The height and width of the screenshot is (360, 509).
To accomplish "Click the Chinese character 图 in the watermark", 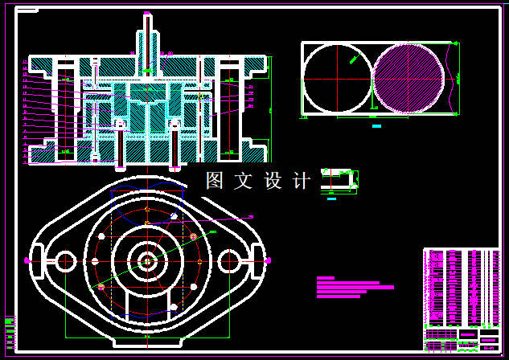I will (214, 181).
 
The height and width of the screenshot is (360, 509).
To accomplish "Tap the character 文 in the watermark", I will (242, 181).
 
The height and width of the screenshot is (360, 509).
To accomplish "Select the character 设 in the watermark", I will (273, 181).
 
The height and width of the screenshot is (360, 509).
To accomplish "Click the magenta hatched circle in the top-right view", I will (408, 78).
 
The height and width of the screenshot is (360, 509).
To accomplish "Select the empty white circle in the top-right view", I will (337, 78).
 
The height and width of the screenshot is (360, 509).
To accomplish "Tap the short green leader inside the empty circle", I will (353, 57).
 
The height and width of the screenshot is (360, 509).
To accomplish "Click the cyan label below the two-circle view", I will (376, 126).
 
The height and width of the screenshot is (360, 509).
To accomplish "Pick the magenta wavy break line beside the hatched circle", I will (455, 78).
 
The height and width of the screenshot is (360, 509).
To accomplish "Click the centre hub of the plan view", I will (146, 260).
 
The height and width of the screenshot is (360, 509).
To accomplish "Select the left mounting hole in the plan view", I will (64, 260).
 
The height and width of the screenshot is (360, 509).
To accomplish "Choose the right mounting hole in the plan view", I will (229, 260).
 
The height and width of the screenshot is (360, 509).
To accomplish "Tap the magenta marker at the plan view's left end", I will (27, 260).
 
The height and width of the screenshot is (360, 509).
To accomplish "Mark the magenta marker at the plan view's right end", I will (267, 260).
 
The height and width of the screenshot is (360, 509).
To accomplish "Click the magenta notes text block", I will (354, 287).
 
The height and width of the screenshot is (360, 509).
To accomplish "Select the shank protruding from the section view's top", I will (146, 36).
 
